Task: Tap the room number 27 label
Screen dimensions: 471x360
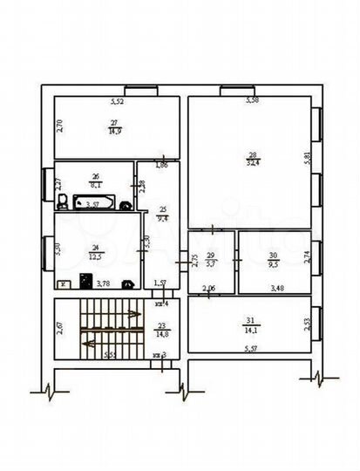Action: (114, 123)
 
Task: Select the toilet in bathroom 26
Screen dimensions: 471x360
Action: (63, 201)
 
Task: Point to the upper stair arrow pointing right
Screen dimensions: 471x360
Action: (129, 313)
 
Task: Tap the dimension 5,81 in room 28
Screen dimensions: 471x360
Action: (306, 158)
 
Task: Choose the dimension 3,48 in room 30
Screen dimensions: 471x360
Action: (276, 288)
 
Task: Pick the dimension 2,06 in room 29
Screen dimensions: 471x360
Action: (209, 288)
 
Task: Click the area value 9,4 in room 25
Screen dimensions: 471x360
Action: (161, 220)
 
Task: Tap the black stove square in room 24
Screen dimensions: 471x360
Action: (86, 281)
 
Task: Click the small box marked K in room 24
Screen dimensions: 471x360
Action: (64, 283)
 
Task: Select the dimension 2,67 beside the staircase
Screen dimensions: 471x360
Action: (58, 327)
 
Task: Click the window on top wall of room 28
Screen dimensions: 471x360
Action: (236, 89)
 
